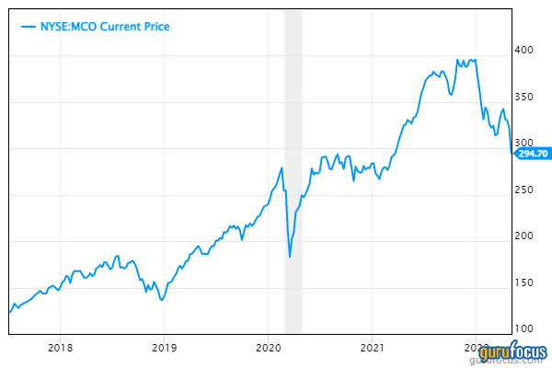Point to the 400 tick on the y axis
[525, 51]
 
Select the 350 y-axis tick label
[525, 98]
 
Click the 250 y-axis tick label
[525, 190]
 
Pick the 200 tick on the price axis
[525, 236]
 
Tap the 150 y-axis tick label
[525, 282]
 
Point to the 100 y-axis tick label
[525, 328]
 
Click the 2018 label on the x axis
[60, 348]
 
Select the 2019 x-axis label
[164, 348]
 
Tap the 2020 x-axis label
[268, 348]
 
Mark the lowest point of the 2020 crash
[290, 256]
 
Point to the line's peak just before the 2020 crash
[282, 167]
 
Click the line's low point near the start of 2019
[162, 299]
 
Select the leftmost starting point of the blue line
[9, 312]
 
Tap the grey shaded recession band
[293, 184]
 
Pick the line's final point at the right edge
[512, 153]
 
